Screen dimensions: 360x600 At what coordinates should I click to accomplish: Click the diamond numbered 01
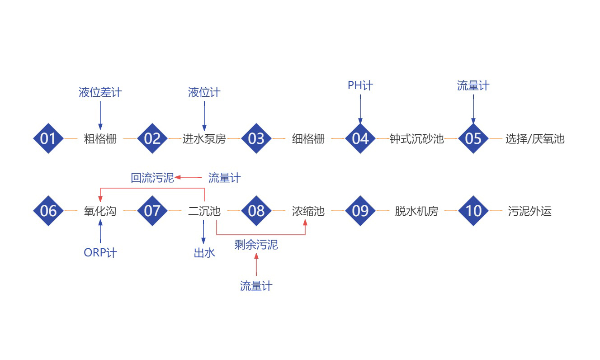[48, 138]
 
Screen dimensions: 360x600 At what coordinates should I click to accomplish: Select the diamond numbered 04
[360, 138]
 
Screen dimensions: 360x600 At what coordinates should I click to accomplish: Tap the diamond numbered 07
[152, 211]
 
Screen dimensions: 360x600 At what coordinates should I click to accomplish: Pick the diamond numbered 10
[473, 211]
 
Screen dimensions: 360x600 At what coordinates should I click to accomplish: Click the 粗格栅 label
[100, 138]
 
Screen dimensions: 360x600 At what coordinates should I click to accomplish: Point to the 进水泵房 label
[204, 138]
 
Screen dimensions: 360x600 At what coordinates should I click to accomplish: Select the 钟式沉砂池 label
[417, 138]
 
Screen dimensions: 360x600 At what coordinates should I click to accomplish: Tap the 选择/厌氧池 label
[535, 138]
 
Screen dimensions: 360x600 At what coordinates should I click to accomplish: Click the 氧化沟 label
[100, 211]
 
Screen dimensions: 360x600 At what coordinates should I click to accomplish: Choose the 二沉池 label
[204, 211]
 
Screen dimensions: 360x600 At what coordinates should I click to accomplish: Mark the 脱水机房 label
[416, 211]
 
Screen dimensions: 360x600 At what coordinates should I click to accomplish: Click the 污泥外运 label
[530, 211]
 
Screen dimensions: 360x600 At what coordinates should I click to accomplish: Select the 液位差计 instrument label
[100, 93]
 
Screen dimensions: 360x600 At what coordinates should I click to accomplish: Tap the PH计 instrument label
[360, 85]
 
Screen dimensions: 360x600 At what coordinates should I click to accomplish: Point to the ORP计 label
[100, 253]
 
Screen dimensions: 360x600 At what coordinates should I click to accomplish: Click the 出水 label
[204, 253]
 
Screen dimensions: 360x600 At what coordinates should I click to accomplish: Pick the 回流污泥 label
[152, 178]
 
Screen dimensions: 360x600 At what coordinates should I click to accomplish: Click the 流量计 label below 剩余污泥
[256, 286]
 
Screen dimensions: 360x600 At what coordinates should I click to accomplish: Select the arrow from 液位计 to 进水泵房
[204, 116]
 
